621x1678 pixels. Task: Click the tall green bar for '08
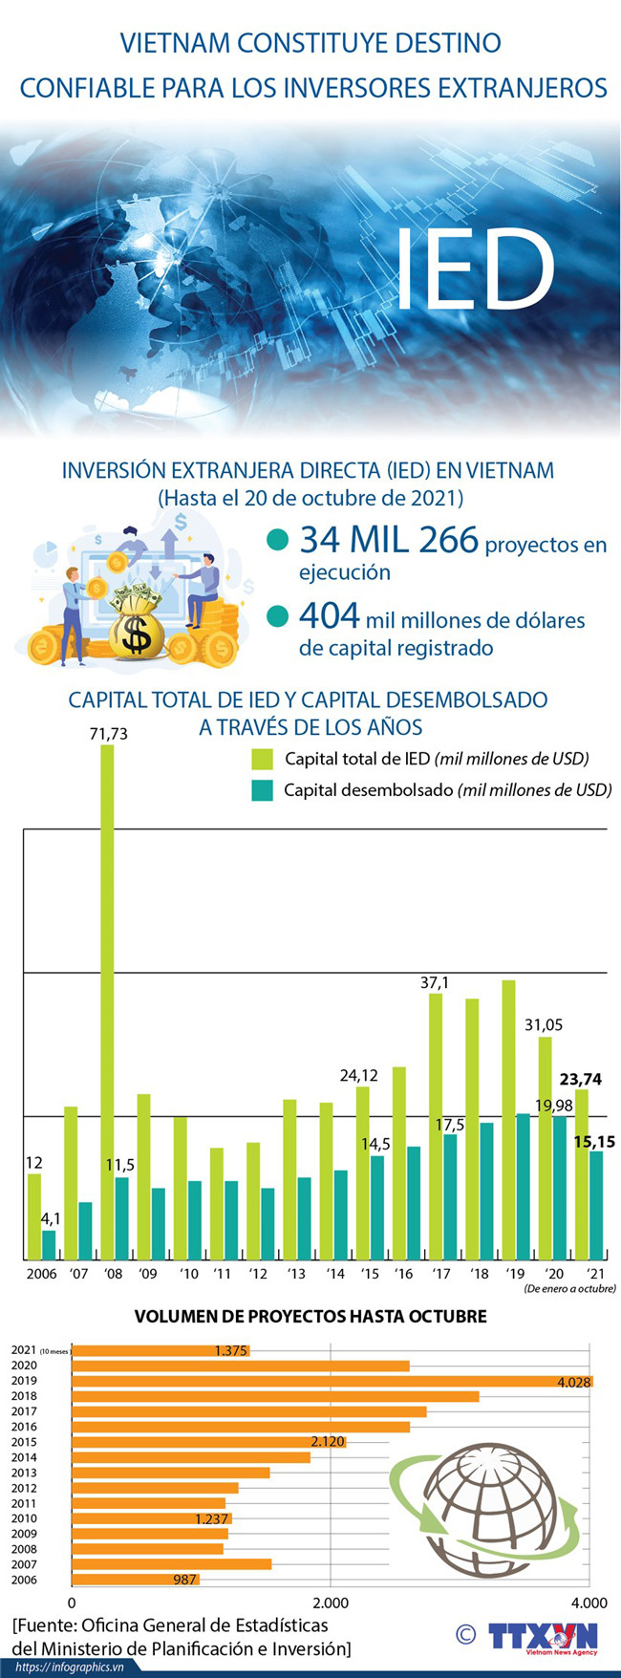point(107,1001)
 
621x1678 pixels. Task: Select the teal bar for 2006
point(49,1244)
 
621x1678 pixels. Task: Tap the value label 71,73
point(108,734)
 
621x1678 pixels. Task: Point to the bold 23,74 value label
point(581,1079)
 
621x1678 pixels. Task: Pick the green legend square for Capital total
point(262,759)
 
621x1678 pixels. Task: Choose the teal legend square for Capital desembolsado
point(262,790)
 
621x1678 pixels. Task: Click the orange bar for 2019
point(332,1381)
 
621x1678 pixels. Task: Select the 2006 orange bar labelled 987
point(135,1580)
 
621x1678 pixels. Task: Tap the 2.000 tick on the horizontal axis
point(330,1603)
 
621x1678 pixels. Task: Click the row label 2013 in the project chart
point(24,1473)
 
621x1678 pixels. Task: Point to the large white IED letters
point(475,270)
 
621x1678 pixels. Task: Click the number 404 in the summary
point(330,616)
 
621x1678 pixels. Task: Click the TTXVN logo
point(543,1637)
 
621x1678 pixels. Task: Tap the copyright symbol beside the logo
point(465,1634)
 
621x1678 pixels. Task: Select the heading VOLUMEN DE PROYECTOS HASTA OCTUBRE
point(310,1316)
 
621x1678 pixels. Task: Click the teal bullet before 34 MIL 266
point(277,540)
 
